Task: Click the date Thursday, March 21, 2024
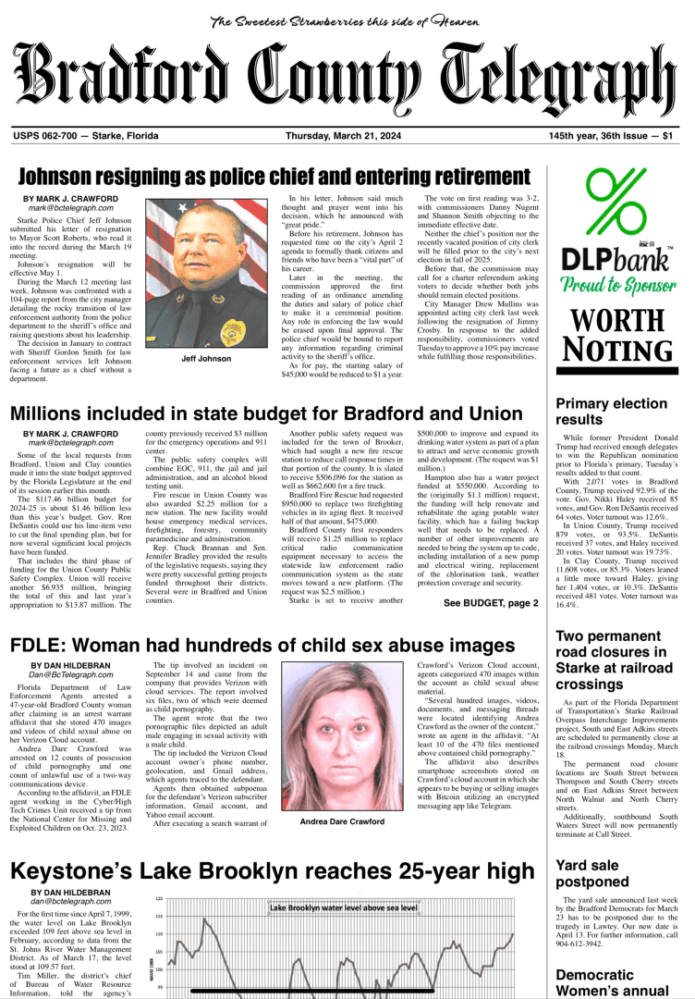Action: click(x=343, y=136)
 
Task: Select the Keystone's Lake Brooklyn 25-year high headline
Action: click(x=272, y=870)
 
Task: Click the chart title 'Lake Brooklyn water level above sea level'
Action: click(x=344, y=908)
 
